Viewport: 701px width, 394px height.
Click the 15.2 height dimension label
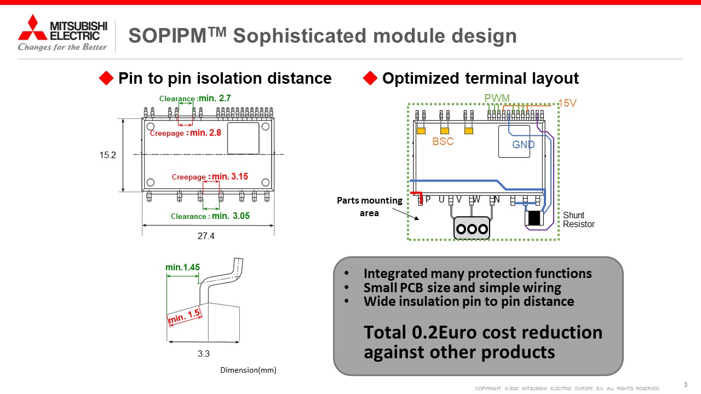coord(108,155)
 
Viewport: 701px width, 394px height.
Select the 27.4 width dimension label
coord(206,236)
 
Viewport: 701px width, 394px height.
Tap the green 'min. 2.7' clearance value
coord(215,98)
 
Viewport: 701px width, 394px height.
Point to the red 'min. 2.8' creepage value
coord(205,132)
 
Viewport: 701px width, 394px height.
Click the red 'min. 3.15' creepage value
coord(230,176)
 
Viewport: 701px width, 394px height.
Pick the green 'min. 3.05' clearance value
coord(231,216)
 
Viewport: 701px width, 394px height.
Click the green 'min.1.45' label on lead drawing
coord(182,268)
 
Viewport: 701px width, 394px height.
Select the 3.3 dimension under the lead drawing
coord(203,354)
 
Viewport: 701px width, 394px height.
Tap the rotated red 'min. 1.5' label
coord(185,316)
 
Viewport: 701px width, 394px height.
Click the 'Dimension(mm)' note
coord(248,370)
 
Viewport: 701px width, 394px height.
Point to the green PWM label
coord(497,98)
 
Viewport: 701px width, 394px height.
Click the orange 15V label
coord(567,103)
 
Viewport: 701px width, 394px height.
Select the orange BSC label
coord(443,141)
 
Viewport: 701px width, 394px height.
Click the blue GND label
coord(523,144)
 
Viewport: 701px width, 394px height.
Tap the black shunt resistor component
coord(534,218)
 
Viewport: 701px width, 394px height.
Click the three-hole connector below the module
coord(472,228)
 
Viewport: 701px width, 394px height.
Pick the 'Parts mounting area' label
coord(369,207)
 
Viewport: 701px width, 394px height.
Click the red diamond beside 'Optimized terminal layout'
coord(370,78)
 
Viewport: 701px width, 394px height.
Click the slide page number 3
coord(685,385)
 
